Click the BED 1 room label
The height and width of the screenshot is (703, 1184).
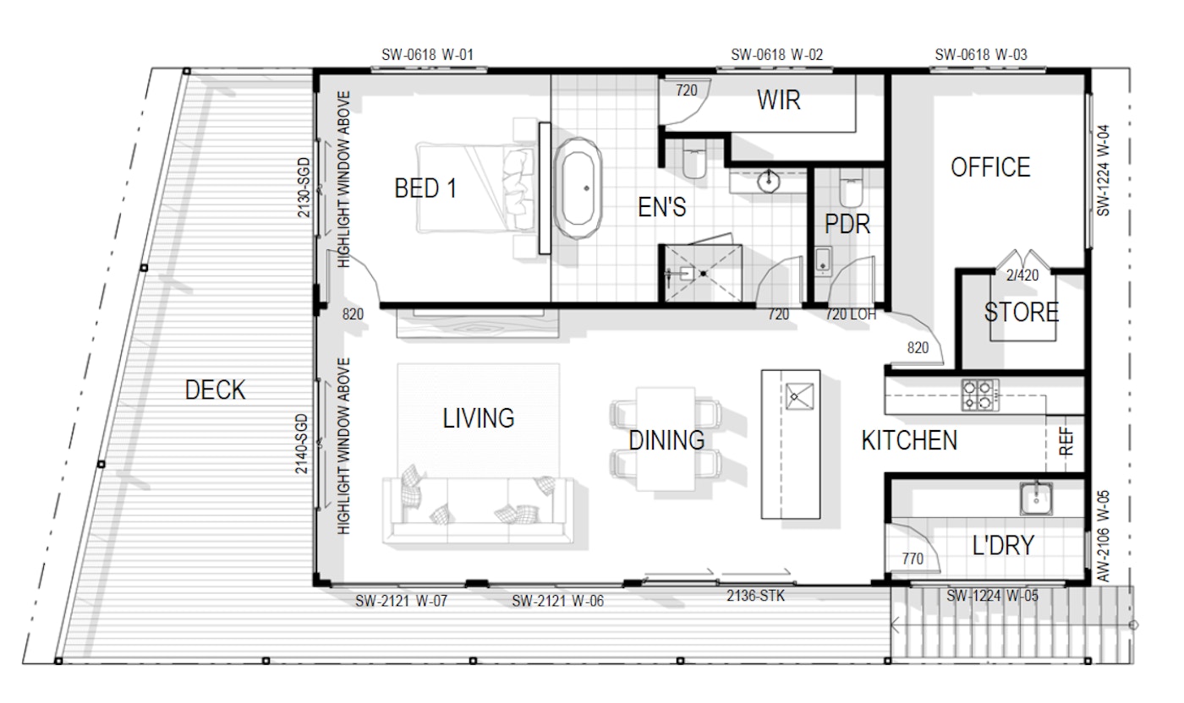click(425, 188)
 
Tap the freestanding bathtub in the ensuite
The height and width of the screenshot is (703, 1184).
click(578, 188)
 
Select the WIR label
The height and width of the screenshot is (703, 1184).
click(779, 100)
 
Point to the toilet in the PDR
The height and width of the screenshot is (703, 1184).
click(851, 188)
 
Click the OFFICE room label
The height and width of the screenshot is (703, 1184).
click(990, 167)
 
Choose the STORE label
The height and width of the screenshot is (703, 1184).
click(1022, 312)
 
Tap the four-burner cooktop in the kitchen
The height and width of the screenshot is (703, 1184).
click(980, 395)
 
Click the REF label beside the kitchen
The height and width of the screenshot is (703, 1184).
click(1066, 442)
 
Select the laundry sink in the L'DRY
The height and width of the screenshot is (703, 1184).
click(1036, 499)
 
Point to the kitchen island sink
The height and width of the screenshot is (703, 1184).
click(799, 396)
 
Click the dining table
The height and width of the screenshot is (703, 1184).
click(666, 439)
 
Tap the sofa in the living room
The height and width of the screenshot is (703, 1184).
click(477, 510)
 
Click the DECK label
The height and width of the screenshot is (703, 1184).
click(215, 390)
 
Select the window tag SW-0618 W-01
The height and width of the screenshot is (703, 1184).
click(427, 55)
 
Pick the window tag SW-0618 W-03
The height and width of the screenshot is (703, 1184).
click(981, 55)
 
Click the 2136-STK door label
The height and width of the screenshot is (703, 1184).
click(755, 597)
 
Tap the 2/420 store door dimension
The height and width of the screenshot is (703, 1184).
click(1022, 275)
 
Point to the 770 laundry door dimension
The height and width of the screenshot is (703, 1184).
click(913, 559)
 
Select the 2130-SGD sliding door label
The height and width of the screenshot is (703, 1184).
click(304, 188)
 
